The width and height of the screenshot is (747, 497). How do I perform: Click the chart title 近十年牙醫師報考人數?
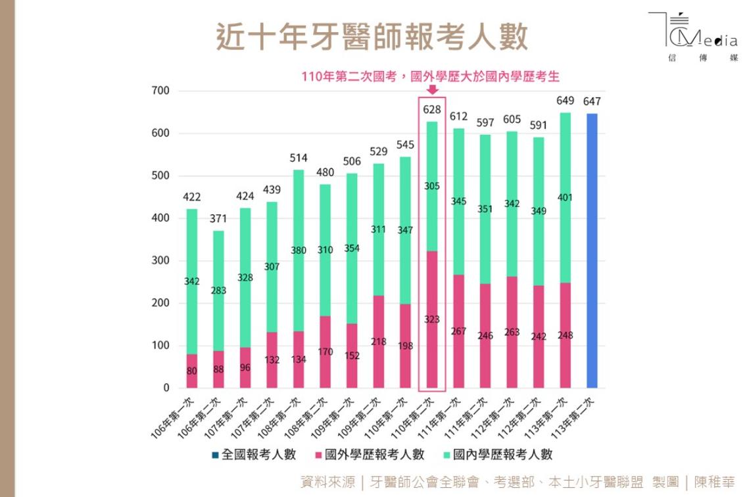click(372, 37)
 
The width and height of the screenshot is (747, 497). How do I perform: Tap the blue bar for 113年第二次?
click(592, 250)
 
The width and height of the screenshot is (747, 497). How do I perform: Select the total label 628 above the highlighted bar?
click(432, 110)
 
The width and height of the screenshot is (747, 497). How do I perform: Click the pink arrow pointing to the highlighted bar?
click(432, 89)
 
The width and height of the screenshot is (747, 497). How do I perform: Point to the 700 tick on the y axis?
click(161, 91)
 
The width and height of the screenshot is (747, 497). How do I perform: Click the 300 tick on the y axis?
click(161, 261)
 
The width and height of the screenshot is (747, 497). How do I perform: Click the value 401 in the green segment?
click(565, 197)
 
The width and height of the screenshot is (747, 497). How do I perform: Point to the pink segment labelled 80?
click(192, 371)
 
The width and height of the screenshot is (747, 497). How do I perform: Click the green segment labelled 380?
click(299, 250)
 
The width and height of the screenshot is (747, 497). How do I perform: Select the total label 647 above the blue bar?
click(592, 102)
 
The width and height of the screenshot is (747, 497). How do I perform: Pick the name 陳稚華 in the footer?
click(715, 482)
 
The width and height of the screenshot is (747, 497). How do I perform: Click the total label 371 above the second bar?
click(219, 218)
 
